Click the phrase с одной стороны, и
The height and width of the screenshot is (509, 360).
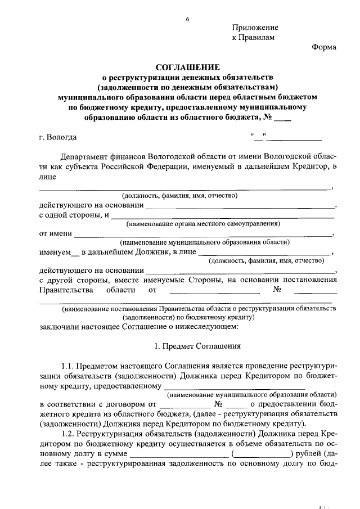point(73,215)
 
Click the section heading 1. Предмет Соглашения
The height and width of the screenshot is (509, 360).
point(197,347)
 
